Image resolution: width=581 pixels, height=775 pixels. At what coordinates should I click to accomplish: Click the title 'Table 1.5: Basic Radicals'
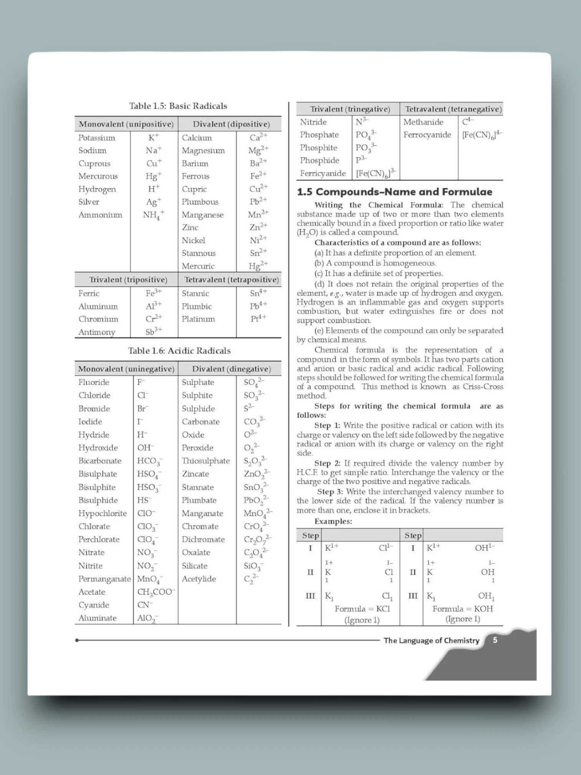(178, 106)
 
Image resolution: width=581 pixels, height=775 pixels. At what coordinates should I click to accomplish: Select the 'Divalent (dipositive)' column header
(231, 124)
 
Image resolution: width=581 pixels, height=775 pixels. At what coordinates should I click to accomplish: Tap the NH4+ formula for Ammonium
(153, 215)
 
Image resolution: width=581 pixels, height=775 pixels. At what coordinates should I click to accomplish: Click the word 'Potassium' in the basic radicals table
(96, 138)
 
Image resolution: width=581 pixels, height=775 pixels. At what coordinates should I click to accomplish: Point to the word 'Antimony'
(96, 332)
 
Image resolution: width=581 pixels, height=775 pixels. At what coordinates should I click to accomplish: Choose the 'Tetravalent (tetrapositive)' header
(231, 279)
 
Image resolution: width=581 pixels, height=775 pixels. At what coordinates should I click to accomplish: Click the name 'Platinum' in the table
(198, 319)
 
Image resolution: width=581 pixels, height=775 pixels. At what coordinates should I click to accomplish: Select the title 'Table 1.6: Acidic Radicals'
(179, 351)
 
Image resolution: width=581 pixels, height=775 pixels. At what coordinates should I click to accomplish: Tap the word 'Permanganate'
(104, 579)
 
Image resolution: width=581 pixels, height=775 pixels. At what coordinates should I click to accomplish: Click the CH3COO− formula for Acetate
(156, 592)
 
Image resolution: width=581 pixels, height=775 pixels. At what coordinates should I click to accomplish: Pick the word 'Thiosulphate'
(206, 461)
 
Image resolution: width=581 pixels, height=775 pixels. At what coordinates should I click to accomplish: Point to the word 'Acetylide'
(199, 579)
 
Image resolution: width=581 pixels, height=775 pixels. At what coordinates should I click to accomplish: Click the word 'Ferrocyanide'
(427, 135)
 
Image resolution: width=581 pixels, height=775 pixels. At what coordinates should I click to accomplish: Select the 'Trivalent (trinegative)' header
(350, 109)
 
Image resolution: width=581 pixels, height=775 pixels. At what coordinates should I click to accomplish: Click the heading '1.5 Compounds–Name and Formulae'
(394, 192)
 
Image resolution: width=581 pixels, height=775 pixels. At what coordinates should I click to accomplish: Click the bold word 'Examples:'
(333, 522)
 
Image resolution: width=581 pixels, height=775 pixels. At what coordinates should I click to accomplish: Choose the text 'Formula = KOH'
(462, 609)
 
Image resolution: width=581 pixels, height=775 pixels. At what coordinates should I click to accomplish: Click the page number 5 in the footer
(495, 640)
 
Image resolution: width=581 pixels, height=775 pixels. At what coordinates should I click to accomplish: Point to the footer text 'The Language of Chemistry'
(431, 640)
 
